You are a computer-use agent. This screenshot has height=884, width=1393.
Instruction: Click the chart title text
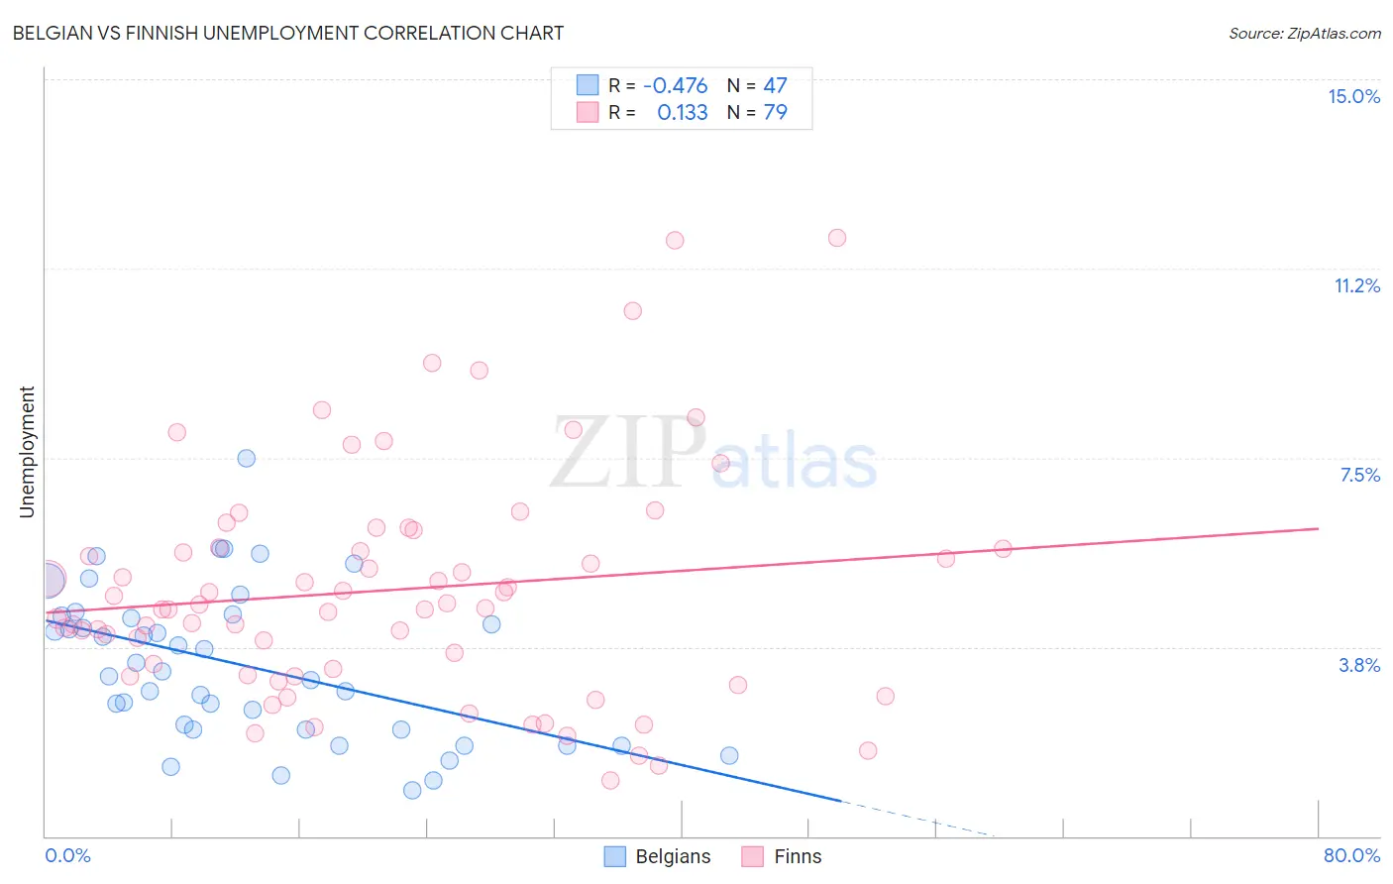pos(288,33)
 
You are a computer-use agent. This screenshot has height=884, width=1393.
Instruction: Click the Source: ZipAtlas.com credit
pos(1304,33)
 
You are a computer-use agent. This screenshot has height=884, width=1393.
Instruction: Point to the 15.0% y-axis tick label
pos(1353,96)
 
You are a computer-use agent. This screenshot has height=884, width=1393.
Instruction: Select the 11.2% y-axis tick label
pos(1356,285)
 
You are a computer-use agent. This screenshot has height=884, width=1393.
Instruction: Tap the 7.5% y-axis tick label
pos(1359,475)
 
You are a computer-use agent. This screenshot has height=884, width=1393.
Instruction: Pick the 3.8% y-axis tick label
pos(1359,665)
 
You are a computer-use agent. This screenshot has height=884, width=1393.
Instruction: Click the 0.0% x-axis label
pos(67,855)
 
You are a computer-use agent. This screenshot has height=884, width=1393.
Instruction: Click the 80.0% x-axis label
pos(1351,855)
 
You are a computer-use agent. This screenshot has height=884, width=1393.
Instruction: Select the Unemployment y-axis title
pos(27,452)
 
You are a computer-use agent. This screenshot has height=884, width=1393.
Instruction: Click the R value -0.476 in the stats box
pos(675,85)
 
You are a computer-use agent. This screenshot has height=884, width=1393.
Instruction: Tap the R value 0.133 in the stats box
pos(682,112)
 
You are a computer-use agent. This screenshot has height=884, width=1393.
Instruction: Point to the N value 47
pos(775,85)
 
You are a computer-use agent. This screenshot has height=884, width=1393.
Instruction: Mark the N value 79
pos(775,112)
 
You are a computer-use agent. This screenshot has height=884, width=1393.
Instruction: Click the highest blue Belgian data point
pos(247,458)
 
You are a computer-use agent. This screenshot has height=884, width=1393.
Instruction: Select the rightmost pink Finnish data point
pos(1003,549)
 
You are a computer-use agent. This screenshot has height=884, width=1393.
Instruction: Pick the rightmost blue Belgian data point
pos(729,755)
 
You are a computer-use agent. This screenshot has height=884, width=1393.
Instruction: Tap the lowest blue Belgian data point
pos(412,790)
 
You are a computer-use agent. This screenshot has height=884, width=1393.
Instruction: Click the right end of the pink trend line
pos(1318,528)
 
